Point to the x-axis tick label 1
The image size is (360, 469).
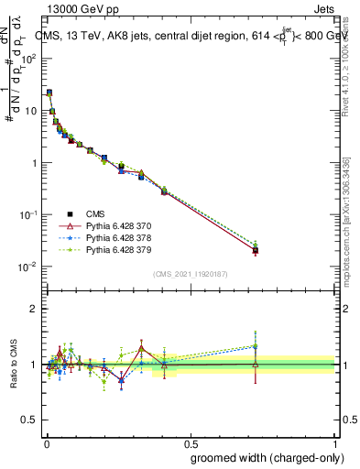[x=336, y=442]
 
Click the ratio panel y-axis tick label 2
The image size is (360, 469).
[x=34, y=309]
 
